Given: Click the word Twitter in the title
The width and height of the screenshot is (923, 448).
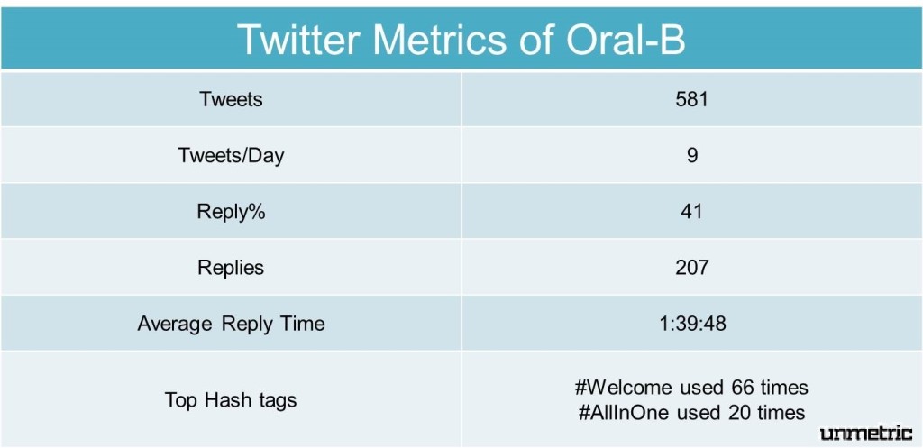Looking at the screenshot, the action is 301,40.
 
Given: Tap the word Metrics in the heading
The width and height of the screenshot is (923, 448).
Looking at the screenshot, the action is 438,40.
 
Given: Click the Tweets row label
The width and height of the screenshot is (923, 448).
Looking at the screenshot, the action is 231,99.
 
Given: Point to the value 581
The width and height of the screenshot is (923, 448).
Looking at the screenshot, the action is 691,99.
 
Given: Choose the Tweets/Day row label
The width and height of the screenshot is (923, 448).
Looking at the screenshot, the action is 231,155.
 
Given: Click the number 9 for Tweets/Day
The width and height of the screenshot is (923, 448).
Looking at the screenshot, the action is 691,155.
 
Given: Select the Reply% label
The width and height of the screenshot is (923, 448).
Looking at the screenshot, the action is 231,211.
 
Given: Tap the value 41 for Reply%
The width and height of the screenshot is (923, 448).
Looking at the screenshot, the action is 691,211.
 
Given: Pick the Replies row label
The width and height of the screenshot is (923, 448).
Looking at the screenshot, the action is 231,268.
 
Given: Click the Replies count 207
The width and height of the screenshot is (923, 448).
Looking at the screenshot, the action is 691,268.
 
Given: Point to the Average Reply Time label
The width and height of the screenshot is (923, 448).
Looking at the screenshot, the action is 231,324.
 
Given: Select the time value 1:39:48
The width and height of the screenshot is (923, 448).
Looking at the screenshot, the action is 692,324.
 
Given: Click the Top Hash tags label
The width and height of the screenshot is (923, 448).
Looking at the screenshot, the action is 231,399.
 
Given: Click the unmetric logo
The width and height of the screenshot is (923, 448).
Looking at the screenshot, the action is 866,434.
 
